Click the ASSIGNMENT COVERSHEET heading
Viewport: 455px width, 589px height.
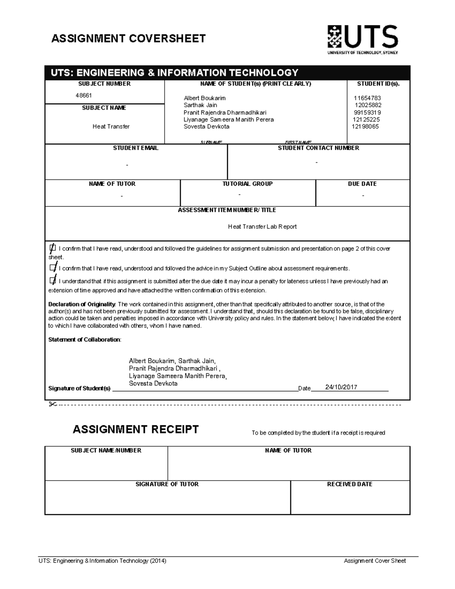coord(129,39)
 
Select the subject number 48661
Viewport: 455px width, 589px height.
coord(83,96)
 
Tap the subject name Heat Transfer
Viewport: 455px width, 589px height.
coord(111,127)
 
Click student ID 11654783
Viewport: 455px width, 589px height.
coord(367,98)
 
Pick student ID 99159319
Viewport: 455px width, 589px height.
coord(367,113)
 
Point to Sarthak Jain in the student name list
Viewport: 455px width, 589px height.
coord(200,105)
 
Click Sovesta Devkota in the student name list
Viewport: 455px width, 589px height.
coord(206,127)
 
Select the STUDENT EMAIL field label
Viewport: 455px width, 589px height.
coord(136,148)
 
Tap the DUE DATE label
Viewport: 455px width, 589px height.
coord(362,184)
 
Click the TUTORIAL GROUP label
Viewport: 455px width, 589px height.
coord(247,184)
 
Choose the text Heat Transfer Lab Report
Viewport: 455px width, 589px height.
coord(262,227)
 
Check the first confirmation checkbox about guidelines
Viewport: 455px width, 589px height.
coord(52,248)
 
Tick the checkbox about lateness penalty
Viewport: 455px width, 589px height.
coord(52,281)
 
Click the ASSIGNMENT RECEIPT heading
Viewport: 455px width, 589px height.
coord(135,430)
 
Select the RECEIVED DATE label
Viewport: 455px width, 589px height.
coord(350,484)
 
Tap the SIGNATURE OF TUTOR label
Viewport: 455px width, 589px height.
coord(167,484)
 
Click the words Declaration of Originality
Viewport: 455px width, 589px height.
coord(82,304)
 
